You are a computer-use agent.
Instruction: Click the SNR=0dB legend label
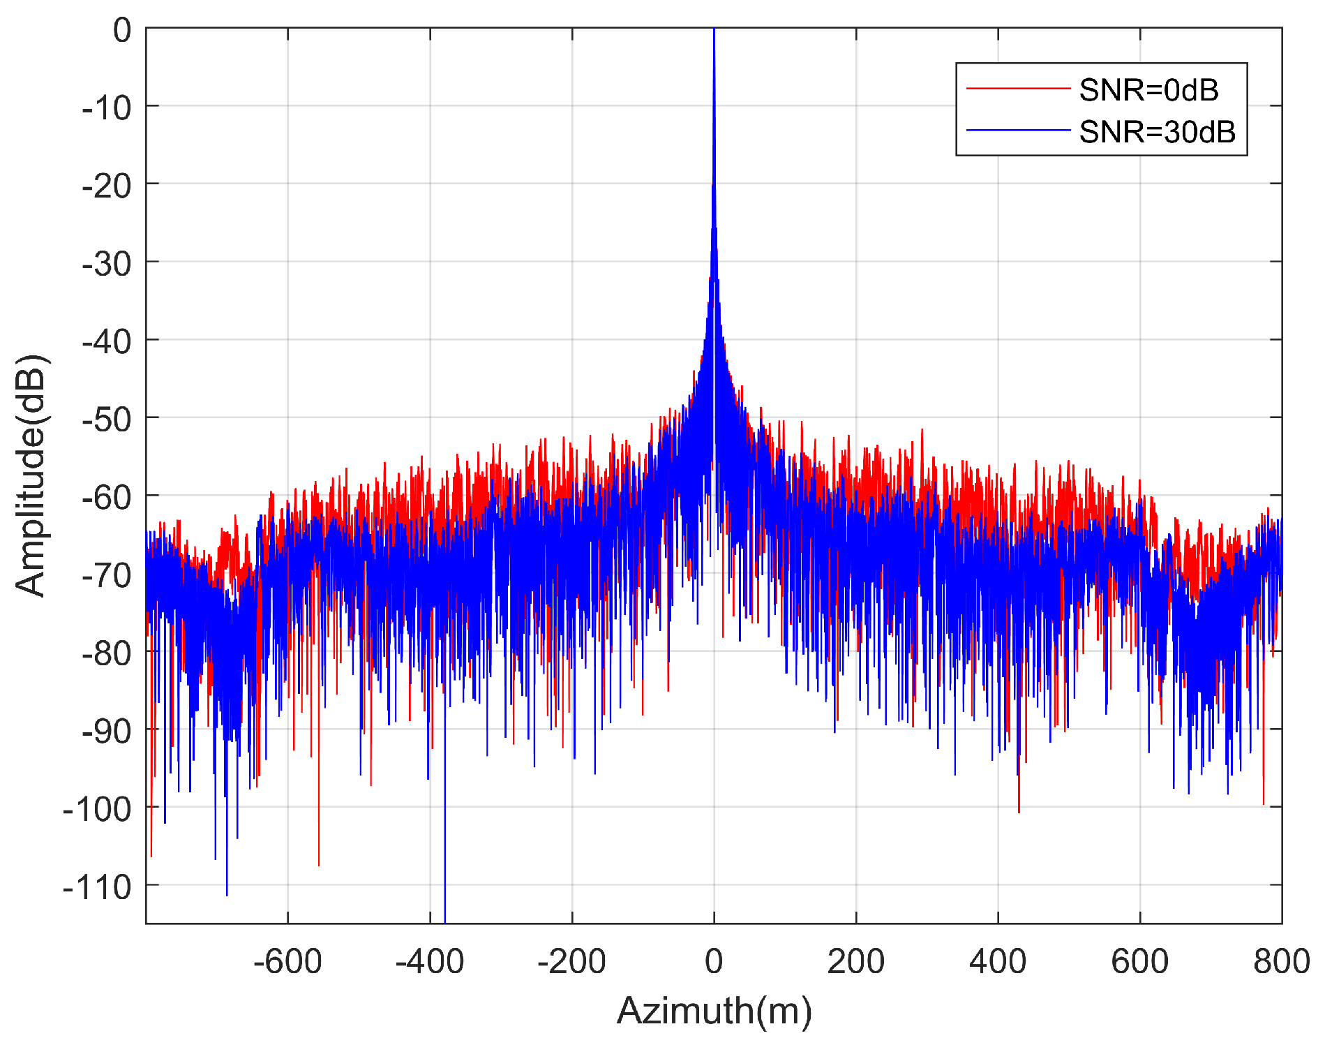(1148, 90)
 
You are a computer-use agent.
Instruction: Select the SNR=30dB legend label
(1157, 132)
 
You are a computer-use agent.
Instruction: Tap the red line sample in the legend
(1017, 89)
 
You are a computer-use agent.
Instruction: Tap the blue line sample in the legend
(1017, 131)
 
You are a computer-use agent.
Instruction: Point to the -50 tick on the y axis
(106, 420)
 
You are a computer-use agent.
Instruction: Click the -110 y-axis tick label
(97, 887)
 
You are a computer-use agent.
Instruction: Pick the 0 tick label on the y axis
(122, 31)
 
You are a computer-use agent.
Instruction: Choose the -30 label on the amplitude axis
(106, 264)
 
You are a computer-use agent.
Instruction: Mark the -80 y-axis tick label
(106, 653)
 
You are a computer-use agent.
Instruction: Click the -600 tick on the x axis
(287, 962)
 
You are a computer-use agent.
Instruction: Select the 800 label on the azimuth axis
(1281, 962)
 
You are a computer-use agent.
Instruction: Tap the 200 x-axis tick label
(855, 962)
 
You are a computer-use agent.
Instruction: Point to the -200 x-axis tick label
(571, 962)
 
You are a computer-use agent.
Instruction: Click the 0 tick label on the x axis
(713, 962)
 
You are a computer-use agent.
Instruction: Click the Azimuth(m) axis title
(714, 1010)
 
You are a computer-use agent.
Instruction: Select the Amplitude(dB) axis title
(31, 475)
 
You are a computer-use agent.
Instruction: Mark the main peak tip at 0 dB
(714, 30)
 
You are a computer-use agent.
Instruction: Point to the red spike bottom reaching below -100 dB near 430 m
(1019, 812)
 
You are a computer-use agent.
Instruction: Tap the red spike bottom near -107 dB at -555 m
(319, 865)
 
